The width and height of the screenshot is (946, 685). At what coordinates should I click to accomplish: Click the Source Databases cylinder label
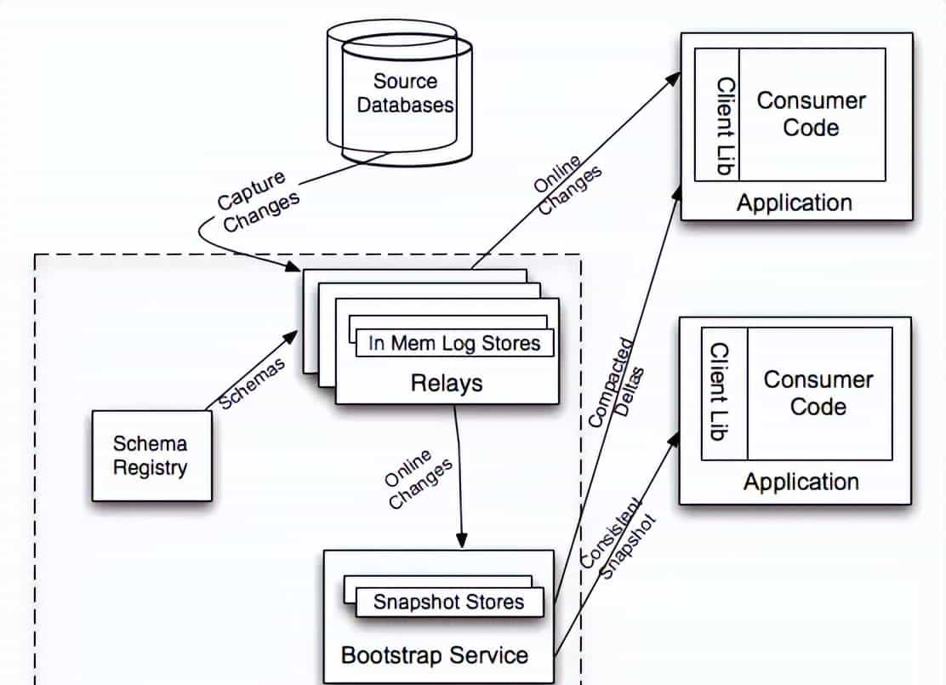(x=405, y=94)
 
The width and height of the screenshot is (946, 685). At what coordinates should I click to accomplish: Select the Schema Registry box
(x=151, y=455)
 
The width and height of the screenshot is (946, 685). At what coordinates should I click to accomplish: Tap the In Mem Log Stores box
(x=453, y=343)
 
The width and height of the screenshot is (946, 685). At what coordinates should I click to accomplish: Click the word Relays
(x=446, y=383)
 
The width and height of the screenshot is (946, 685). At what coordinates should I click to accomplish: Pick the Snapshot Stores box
(x=448, y=602)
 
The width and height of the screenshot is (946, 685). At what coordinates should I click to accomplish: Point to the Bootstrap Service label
(x=434, y=655)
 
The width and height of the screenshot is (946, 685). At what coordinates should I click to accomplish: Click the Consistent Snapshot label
(x=619, y=545)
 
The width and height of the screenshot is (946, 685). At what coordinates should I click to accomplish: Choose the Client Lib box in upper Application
(x=716, y=114)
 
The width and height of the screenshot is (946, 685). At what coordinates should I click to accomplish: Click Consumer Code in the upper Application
(x=811, y=114)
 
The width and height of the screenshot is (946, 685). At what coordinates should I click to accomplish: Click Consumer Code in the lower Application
(x=818, y=392)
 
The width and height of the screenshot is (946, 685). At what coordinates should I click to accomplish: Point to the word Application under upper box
(x=794, y=203)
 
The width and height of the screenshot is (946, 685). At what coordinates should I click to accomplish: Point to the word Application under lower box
(x=801, y=482)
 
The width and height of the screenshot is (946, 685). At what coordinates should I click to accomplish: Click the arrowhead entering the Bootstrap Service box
(x=462, y=540)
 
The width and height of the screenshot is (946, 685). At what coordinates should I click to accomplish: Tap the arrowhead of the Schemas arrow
(x=291, y=337)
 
